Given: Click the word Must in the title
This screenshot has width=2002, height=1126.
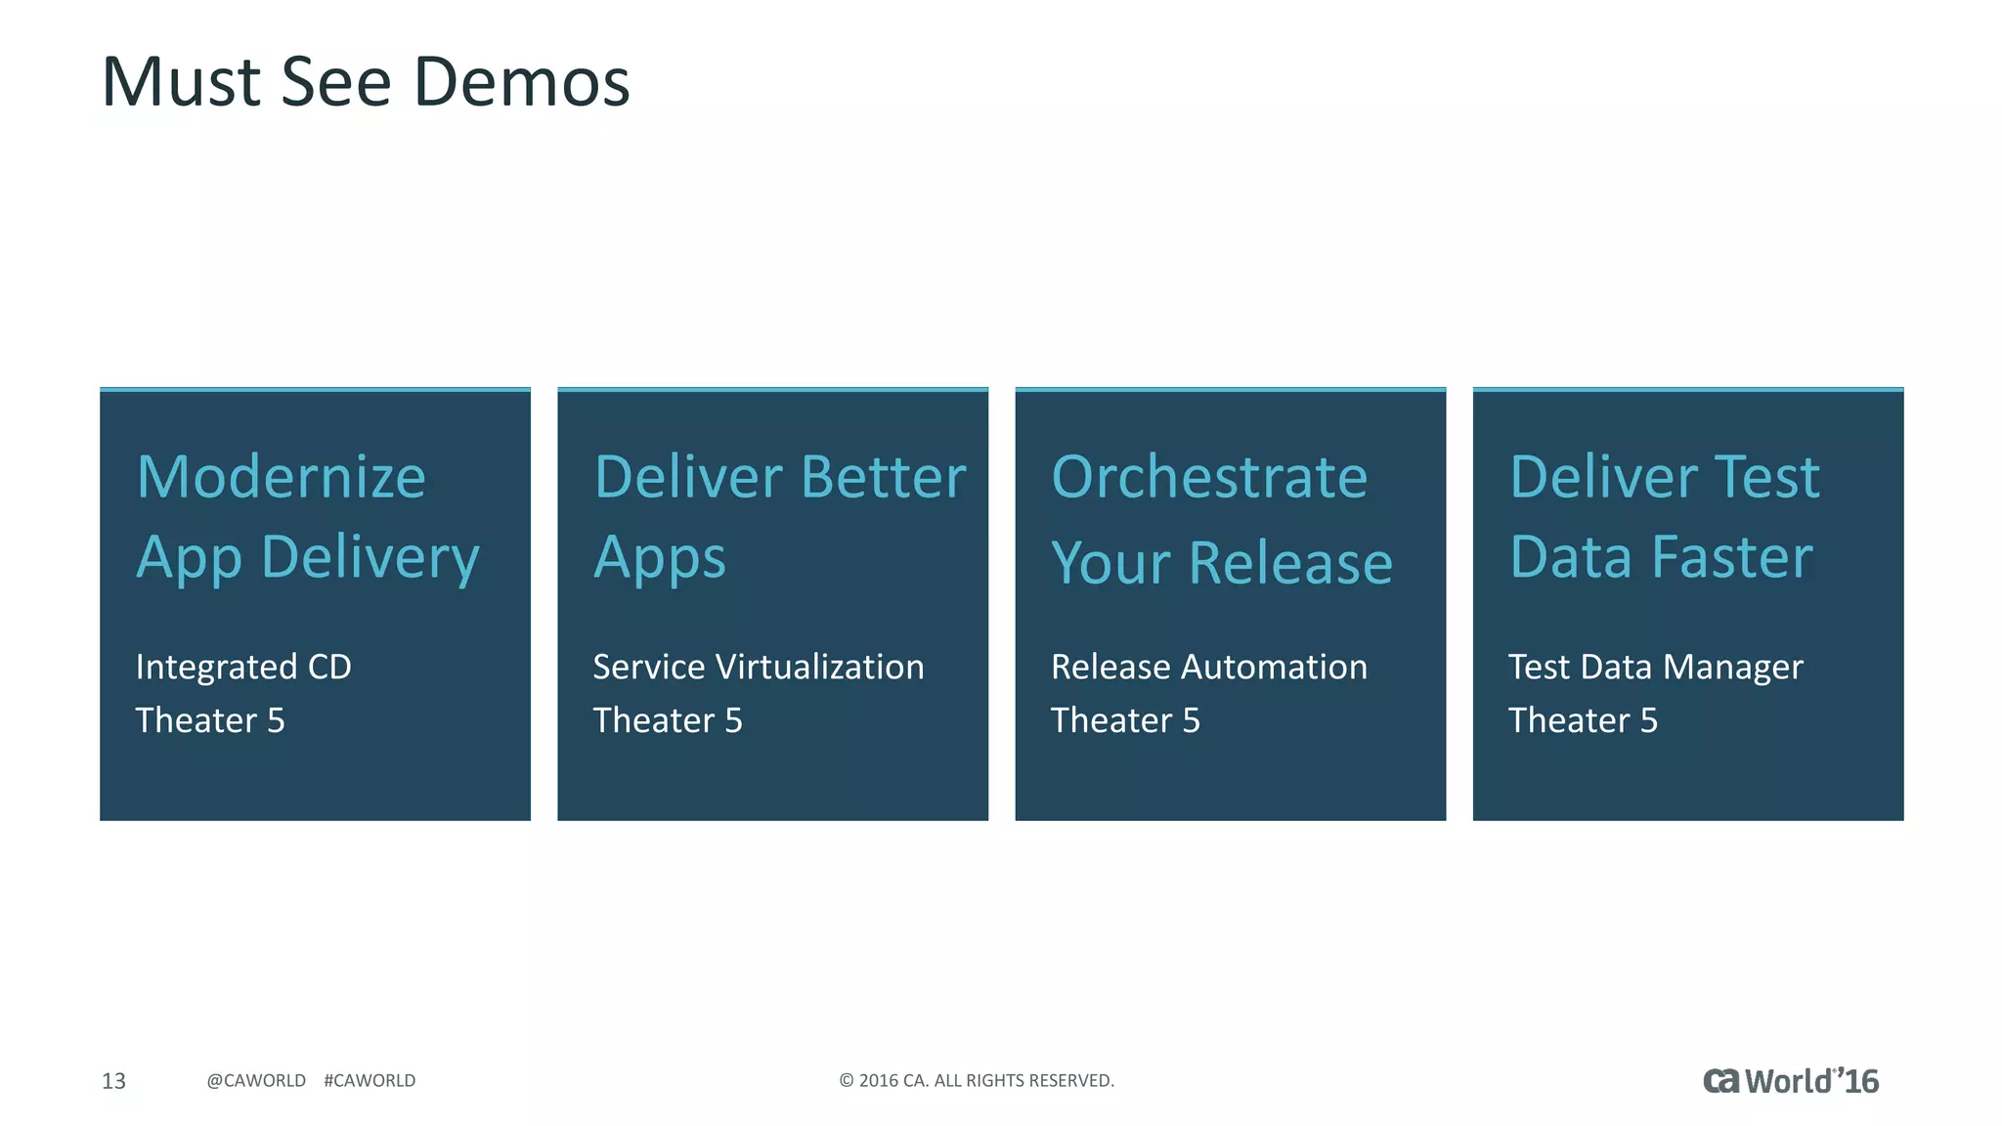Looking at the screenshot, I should click(x=181, y=82).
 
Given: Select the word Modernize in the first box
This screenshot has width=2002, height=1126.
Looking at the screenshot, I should click(x=282, y=477).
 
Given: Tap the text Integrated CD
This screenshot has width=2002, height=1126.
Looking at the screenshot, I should click(x=243, y=667).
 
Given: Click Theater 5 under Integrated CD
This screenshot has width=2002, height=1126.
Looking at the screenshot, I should click(x=210, y=720).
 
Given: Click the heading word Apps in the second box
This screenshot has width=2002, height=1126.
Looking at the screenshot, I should click(x=660, y=557).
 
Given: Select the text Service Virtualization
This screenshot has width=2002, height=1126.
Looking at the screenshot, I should click(x=759, y=667).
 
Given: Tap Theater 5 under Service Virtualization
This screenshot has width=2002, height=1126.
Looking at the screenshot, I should click(x=668, y=720).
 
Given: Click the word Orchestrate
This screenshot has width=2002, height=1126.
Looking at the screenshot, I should click(x=1209, y=477).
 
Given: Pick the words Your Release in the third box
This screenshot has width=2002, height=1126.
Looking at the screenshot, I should click(x=1222, y=563).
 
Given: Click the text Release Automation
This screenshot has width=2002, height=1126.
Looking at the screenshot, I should click(x=1209, y=667).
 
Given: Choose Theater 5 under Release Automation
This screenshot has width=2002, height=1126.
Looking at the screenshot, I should click(x=1125, y=720).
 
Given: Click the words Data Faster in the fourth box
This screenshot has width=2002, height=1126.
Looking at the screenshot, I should click(x=1661, y=557).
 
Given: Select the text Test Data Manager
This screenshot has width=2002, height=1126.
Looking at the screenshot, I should click(x=1655, y=667).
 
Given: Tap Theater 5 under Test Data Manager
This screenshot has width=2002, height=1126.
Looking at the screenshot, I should click(x=1583, y=720).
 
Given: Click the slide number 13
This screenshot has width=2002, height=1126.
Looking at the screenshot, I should click(x=113, y=1081).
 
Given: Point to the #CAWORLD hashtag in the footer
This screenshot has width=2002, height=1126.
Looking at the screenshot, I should click(x=370, y=1081).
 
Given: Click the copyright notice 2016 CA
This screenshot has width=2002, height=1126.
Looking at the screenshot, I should click(x=977, y=1081).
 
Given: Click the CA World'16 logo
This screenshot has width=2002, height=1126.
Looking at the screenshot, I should click(x=1790, y=1081).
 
